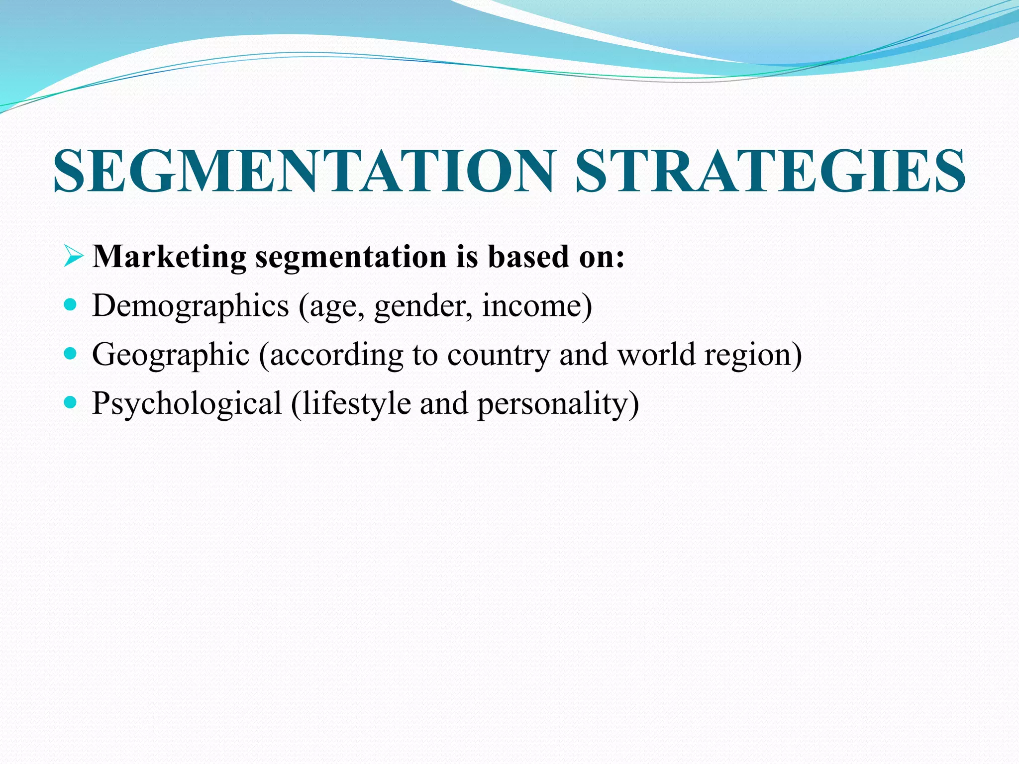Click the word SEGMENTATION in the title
click(x=304, y=171)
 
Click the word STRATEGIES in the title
click(x=770, y=171)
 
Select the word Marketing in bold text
click(x=169, y=257)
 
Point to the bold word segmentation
click(x=351, y=258)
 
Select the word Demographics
click(x=191, y=306)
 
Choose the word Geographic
click(x=171, y=355)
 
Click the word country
click(x=499, y=355)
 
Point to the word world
click(x=656, y=354)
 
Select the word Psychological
click(x=187, y=403)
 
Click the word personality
click(x=553, y=403)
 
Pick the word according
click(x=336, y=355)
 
